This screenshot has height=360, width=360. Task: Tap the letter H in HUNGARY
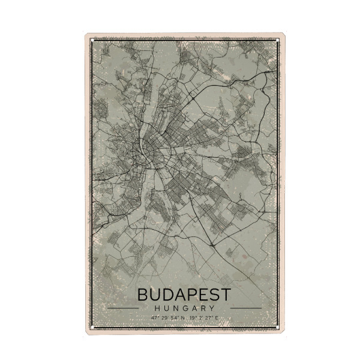[x=156, y=308]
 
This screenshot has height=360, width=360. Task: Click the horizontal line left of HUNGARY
[x=122, y=308]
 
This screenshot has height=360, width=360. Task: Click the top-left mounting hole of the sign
[x=88, y=37]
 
